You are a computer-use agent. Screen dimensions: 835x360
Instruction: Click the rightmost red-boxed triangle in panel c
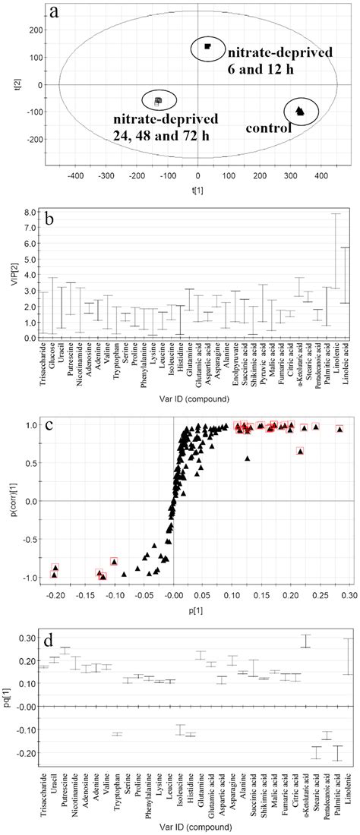click(339, 429)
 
